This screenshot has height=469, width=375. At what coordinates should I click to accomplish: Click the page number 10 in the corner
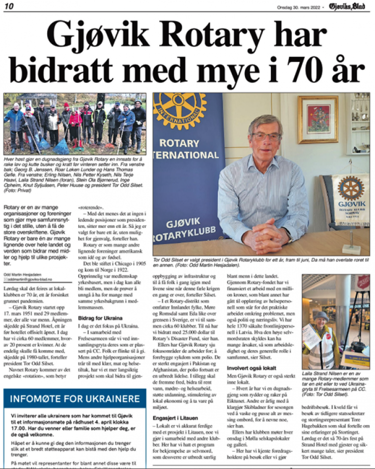pos(10,6)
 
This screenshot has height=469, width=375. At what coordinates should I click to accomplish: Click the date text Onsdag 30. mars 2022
pos(299,7)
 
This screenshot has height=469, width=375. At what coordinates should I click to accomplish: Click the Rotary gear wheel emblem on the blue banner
pos(179,110)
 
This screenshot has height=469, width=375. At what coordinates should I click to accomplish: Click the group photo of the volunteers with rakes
pos(75,124)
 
